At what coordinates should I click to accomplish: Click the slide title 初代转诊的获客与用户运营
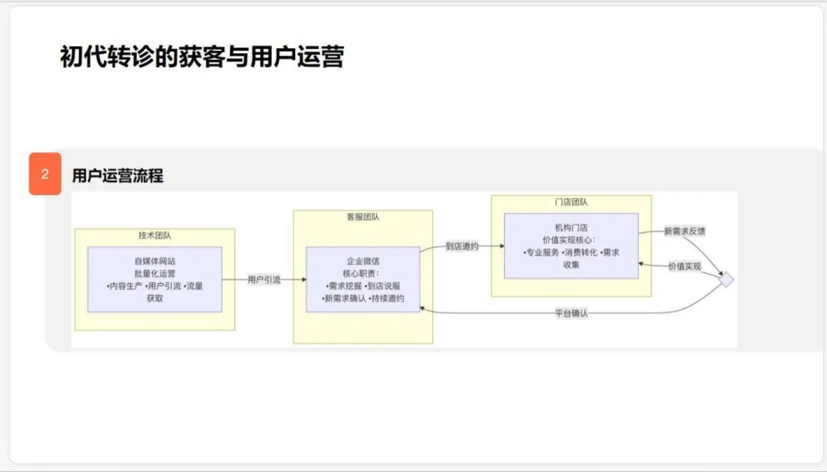[201, 56]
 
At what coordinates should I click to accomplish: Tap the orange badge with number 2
[45, 174]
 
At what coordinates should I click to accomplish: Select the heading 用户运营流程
[118, 176]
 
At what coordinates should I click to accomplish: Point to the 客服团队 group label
[363, 217]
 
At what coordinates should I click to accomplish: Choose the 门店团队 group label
[571, 202]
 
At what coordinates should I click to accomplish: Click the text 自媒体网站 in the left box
[155, 261]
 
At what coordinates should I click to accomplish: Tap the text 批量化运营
[155, 273]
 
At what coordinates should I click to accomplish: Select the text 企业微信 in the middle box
[363, 262]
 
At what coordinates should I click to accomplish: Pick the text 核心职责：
[362, 274]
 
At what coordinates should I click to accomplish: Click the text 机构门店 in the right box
[571, 227]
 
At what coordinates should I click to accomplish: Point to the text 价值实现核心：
[571, 240]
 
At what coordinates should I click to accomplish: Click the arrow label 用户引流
[264, 280]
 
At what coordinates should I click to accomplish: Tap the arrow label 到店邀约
[462, 246]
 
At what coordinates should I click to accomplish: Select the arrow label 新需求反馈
[685, 231]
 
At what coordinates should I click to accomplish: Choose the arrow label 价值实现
[685, 265]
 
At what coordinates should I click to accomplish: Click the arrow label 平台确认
[571, 313]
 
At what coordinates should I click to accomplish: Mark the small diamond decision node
[726, 280]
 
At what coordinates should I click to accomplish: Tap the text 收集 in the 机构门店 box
[571, 265]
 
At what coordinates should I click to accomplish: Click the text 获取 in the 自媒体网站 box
[155, 298]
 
